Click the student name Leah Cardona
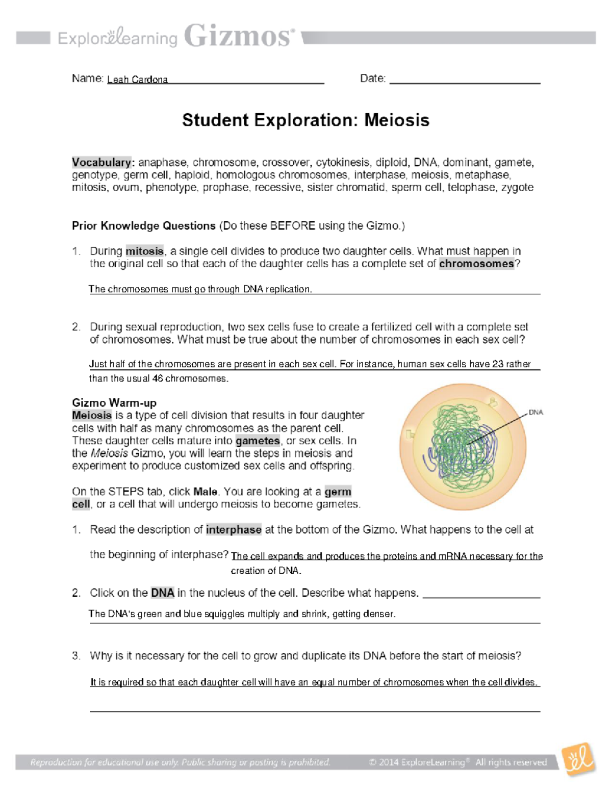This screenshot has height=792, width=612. (137, 80)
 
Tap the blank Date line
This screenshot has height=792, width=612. (464, 80)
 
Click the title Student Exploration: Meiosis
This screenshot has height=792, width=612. (305, 120)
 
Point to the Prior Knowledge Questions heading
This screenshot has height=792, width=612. (144, 226)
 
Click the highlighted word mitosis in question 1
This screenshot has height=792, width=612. (145, 251)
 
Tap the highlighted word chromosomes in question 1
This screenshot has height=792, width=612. (476, 264)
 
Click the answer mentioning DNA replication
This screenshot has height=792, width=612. (200, 289)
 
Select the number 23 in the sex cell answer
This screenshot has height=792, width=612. (497, 364)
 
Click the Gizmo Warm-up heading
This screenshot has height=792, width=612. (114, 403)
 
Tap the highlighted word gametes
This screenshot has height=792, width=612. (258, 441)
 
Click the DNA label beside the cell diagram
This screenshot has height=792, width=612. (535, 412)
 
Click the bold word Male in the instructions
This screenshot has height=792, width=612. (206, 492)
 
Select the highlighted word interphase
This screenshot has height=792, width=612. (234, 530)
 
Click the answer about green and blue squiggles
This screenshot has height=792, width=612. (242, 614)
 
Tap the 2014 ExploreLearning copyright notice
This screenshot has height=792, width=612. (457, 762)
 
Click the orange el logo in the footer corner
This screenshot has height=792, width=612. (579, 760)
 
